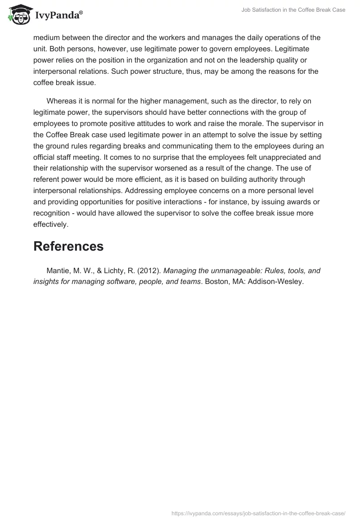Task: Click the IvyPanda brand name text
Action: point(58,16)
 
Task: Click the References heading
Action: point(68,246)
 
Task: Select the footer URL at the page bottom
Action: point(259,513)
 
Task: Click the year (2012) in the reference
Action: point(150,271)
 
